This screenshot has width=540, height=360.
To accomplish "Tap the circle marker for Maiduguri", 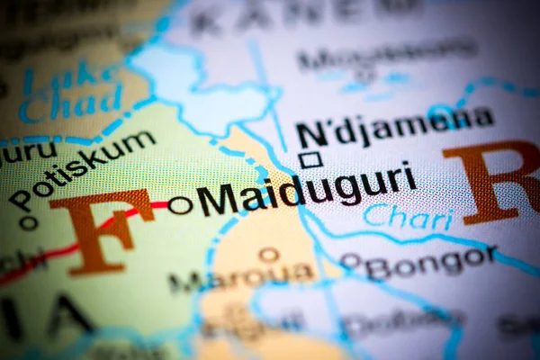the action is [180, 205].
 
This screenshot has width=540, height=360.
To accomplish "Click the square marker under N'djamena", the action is [311, 159].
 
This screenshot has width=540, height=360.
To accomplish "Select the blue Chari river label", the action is [395, 216].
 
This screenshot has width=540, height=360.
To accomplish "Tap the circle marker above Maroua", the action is [268, 255].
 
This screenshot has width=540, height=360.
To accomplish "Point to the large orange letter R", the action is [494, 180].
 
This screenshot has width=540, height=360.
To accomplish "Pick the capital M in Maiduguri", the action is [218, 199].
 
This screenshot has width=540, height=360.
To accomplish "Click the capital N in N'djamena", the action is [311, 134].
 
